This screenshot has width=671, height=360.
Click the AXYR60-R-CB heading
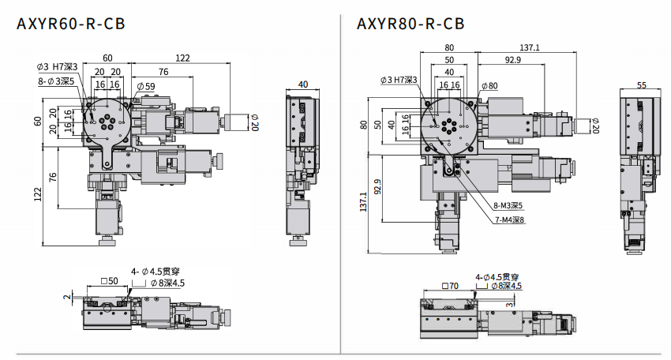pyautogui.click(x=70, y=24)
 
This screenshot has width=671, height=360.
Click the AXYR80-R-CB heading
pyautogui.click(x=410, y=24)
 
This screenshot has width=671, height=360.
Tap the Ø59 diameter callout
pyautogui.click(x=144, y=85)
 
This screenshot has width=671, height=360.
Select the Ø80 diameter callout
pyautogui.click(x=488, y=85)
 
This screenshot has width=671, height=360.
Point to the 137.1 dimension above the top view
pyautogui.click(x=530, y=47)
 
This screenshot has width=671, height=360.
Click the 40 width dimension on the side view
pyautogui.click(x=303, y=84)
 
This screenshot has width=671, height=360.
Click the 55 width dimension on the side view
pyautogui.click(x=641, y=84)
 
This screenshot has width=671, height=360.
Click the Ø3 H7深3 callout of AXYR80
pyautogui.click(x=399, y=80)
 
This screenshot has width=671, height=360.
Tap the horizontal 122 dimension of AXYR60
pyautogui.click(x=182, y=58)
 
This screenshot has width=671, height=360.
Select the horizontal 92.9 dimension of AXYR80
pyautogui.click(x=513, y=60)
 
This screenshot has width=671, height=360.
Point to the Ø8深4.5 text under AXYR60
pyautogui.click(x=163, y=282)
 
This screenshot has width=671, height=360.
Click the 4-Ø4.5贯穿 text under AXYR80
pyautogui.click(x=497, y=277)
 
